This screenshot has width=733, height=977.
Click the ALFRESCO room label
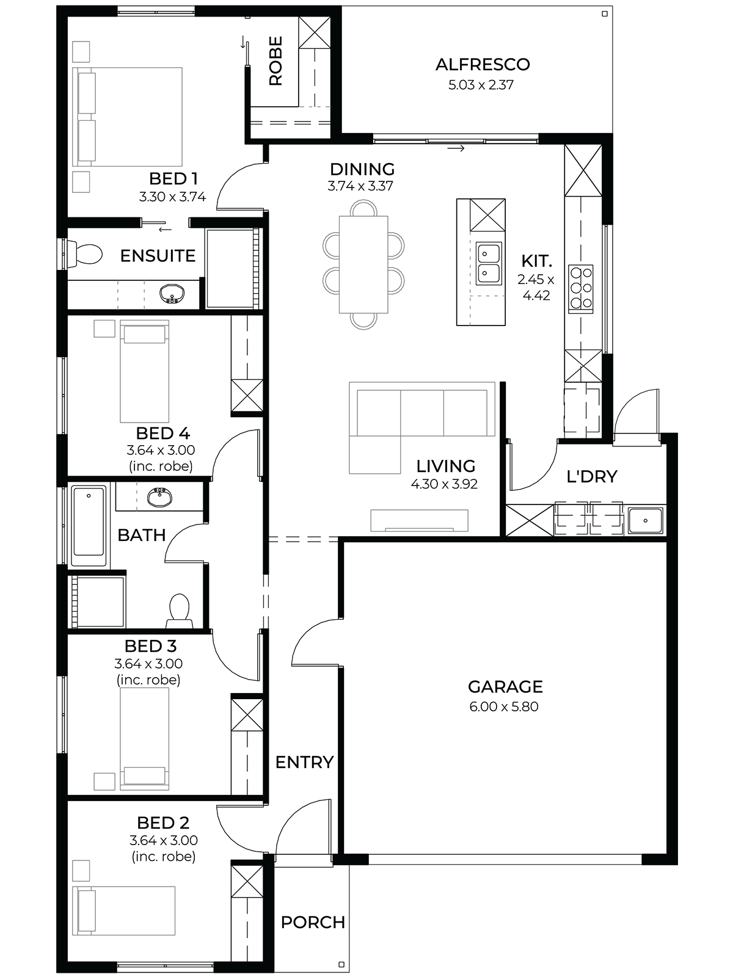coord(483,65)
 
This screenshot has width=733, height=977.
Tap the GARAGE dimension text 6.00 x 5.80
coord(504,706)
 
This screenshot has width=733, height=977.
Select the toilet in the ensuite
coord(84,255)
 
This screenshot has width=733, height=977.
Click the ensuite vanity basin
coord(172,293)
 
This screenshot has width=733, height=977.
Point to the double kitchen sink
coord(489,263)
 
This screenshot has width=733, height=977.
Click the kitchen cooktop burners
coord(582,288)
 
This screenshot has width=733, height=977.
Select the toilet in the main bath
coord(180,610)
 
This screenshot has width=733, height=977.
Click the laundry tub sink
coord(645,520)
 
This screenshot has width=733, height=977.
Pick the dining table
coord(363,264)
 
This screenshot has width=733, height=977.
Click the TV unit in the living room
coord(419,520)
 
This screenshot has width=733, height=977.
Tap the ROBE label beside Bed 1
coord(276,61)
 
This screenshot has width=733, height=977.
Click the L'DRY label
coord(592,477)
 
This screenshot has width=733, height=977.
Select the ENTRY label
coord(304,763)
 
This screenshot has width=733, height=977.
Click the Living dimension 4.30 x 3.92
coord(444,484)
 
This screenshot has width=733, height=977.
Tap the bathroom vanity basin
coord(159,497)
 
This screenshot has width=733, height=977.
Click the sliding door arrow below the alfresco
coord(456,148)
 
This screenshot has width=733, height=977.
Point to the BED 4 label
coord(163,433)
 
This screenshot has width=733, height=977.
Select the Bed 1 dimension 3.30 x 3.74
coord(172,197)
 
